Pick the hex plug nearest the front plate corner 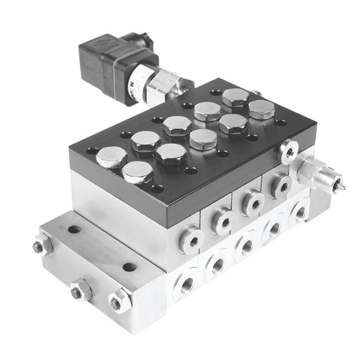coord(137,172)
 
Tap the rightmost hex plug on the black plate coord(261,109)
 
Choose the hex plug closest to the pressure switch coord(207,111)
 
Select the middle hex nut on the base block coord(81,291)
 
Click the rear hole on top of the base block coord(74,230)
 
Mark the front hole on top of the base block coord(130,267)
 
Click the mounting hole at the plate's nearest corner coord(157,189)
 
